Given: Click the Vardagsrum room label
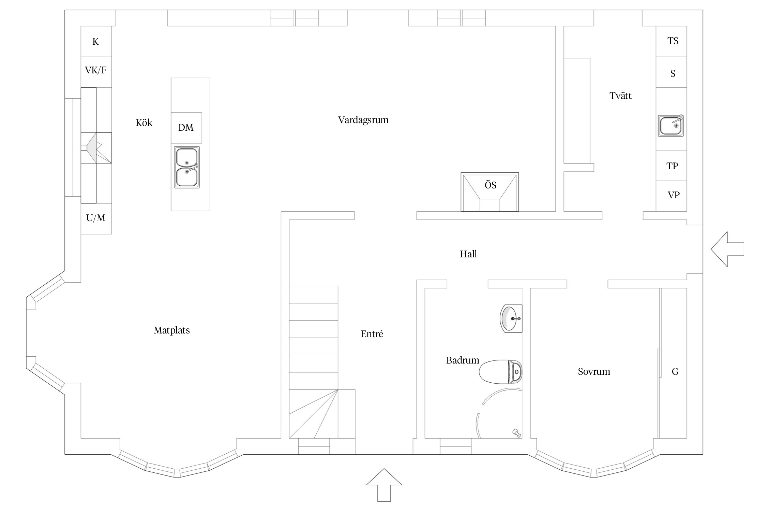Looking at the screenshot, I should pyautogui.click(x=363, y=120).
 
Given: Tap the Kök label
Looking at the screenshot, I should pyautogui.click(x=144, y=123).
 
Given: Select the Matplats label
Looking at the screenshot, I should pyautogui.click(x=171, y=330).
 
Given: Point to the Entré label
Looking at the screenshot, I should pyautogui.click(x=372, y=334).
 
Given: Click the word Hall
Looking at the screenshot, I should pyautogui.click(x=468, y=254).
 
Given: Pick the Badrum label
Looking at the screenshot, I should pyautogui.click(x=462, y=360).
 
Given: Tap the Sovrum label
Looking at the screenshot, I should pyautogui.click(x=594, y=372).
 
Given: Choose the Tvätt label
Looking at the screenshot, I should pyautogui.click(x=620, y=96).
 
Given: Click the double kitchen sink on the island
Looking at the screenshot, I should pyautogui.click(x=187, y=167).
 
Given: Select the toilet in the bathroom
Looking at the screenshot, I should pyautogui.click(x=500, y=372).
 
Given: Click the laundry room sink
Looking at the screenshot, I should pyautogui.click(x=671, y=126).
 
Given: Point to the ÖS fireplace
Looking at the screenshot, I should pyautogui.click(x=490, y=192).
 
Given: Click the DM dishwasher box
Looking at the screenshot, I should pyautogui.click(x=186, y=128).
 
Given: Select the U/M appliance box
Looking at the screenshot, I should pyautogui.click(x=96, y=218).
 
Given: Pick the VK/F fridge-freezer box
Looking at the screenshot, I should pyautogui.click(x=96, y=71).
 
